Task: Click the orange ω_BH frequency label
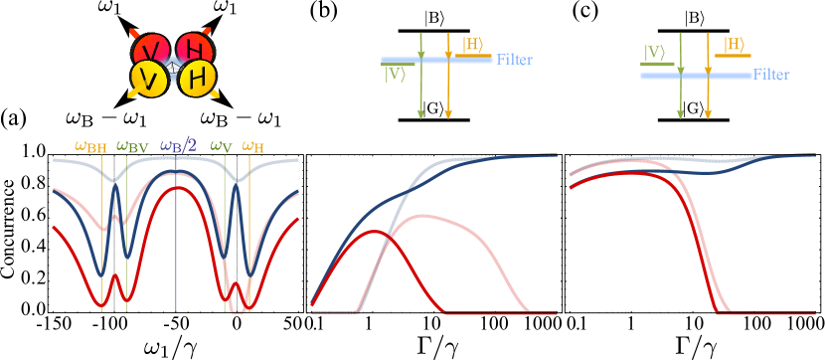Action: [x=90, y=147]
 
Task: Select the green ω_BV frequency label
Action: [x=132, y=147]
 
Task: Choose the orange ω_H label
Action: [x=253, y=147]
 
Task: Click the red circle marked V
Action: [x=151, y=50]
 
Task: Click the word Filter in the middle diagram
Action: [x=514, y=60]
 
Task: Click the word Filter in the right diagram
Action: [x=771, y=75]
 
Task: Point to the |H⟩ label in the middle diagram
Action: [x=472, y=44]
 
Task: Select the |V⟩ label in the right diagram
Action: [x=654, y=52]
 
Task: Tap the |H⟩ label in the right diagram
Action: [x=734, y=44]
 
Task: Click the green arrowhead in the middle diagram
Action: [x=420, y=113]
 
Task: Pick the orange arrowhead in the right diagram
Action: [x=708, y=113]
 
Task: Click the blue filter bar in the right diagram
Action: [x=696, y=76]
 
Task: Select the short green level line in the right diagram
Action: [x=657, y=65]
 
